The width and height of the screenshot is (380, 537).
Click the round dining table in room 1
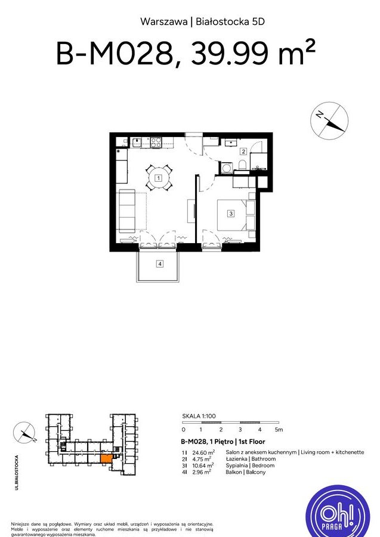pyautogui.click(x=158, y=178)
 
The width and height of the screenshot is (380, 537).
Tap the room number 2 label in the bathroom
pyautogui.click(x=243, y=151)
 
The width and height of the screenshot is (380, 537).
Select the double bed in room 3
pyautogui.click(x=233, y=214)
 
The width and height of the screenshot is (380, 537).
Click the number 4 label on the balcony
pyautogui.click(x=159, y=264)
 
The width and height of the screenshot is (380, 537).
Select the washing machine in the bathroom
pyautogui.click(x=227, y=169)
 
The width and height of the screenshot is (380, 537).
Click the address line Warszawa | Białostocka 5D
pyautogui.click(x=202, y=22)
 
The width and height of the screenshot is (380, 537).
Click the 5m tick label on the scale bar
pyautogui.click(x=278, y=429)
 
